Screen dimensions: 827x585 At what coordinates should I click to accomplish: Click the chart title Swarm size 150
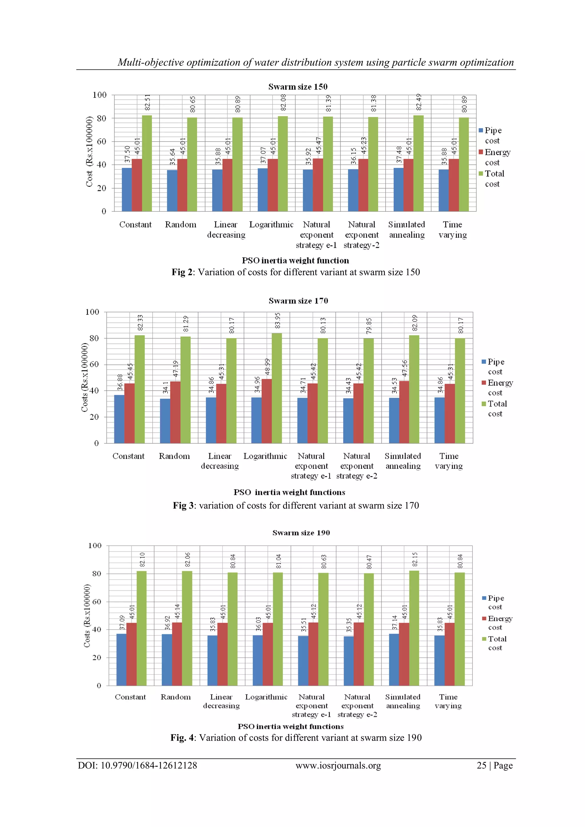pos(298,87)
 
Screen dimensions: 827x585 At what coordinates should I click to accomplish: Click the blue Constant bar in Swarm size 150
pos(127,189)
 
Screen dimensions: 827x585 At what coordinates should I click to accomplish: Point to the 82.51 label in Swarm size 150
pos(147,102)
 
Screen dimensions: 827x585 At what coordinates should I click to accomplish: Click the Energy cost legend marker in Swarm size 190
pos(484,618)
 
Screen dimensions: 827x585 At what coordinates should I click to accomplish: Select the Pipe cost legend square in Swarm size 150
pos(481,130)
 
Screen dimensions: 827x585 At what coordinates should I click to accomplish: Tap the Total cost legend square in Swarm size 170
pos(484,404)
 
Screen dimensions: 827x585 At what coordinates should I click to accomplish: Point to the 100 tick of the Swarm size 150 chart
pos(99,95)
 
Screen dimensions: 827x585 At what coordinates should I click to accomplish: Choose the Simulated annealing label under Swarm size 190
pos(403,701)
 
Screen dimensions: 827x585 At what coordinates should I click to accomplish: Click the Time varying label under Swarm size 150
pos(452,229)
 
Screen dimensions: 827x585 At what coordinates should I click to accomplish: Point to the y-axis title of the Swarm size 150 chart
pos(89,152)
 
